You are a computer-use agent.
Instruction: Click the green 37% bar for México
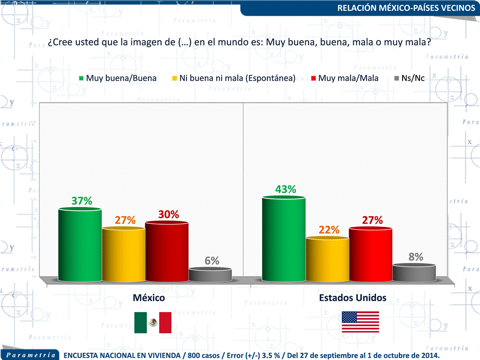[80, 245]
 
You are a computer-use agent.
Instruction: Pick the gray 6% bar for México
[210, 275]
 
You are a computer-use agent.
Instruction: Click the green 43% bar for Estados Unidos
[283, 240]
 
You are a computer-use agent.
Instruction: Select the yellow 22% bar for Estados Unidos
[327, 260]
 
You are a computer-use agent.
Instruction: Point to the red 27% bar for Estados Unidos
[370, 255]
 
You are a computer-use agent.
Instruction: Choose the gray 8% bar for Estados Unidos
[414, 273]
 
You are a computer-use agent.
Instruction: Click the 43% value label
[286, 189]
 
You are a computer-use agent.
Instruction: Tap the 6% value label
[212, 261]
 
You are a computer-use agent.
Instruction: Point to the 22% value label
[329, 230]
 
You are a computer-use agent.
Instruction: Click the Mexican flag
[153, 323]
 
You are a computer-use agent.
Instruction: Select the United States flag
[360, 322]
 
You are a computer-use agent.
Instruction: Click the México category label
[149, 298]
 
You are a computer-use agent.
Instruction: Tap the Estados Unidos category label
[353, 298]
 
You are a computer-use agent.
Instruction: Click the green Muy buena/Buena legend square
[81, 78]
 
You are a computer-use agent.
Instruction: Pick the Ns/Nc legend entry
[410, 78]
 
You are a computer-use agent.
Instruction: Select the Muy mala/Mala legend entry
[344, 78]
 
